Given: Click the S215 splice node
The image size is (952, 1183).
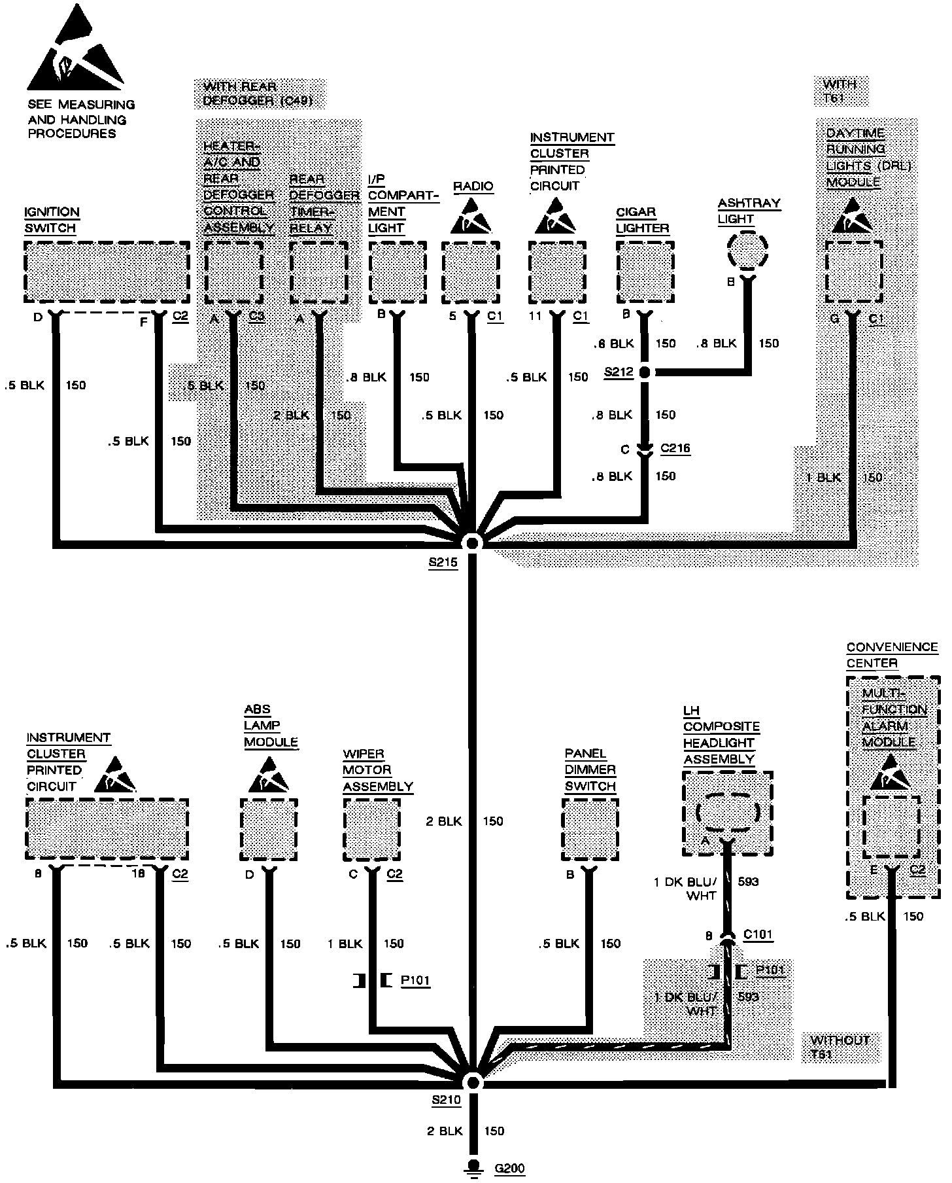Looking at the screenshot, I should (x=471, y=542).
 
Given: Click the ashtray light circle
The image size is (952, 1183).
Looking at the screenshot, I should (x=747, y=249).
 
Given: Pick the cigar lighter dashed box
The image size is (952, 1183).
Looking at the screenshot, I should (x=645, y=272).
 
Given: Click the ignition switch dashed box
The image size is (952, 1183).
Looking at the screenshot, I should (x=107, y=272).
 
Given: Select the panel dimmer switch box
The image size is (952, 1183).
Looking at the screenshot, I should (x=590, y=829).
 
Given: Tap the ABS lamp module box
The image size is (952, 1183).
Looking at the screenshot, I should (x=269, y=829).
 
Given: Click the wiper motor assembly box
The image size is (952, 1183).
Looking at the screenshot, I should (x=371, y=829).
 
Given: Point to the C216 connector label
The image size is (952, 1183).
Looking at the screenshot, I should (x=675, y=449).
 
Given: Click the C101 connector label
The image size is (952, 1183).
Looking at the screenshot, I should (x=758, y=934).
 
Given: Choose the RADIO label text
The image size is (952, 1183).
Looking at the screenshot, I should (x=473, y=186).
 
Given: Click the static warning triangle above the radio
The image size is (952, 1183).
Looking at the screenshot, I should (x=471, y=217).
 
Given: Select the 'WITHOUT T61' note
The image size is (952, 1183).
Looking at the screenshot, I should (x=840, y=1046).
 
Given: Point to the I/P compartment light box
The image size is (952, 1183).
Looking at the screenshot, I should (x=398, y=272).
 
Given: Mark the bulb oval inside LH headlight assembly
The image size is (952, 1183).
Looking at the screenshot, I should (x=727, y=812).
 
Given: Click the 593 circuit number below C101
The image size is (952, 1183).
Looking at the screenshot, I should (x=747, y=997).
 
